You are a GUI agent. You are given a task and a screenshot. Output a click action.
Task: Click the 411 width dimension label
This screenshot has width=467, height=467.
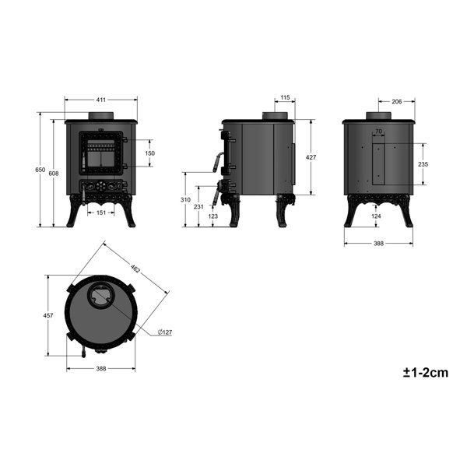pyautogui.click(x=101, y=100)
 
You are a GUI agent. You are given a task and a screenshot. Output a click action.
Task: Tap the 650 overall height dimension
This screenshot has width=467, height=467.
pyautogui.click(x=40, y=170)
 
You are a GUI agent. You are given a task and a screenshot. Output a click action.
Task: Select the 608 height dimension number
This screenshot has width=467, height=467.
pyautogui.click(x=54, y=174)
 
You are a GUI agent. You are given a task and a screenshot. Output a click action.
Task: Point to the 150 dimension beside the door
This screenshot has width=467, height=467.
pyautogui.click(x=149, y=153)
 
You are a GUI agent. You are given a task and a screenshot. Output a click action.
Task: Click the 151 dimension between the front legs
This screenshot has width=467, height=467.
pyautogui.click(x=101, y=212)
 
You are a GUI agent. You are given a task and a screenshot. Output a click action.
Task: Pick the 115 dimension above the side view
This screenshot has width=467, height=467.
pyautogui.click(x=285, y=97)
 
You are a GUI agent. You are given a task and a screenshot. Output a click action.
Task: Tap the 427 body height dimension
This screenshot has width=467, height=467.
pyautogui.click(x=311, y=157)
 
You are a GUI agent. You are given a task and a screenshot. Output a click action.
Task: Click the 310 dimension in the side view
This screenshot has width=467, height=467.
pyautogui.click(x=185, y=200)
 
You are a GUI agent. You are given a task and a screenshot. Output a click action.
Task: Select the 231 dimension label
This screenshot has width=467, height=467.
pyautogui.click(x=198, y=206)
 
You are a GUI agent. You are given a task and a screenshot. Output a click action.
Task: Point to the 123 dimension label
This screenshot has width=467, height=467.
pyautogui.click(x=213, y=216)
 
